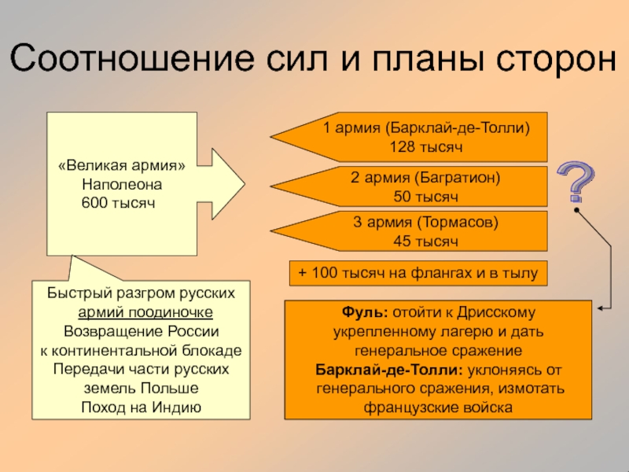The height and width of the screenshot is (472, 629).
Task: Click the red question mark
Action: coord(577,182)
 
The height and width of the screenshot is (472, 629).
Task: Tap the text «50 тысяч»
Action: coord(425,195)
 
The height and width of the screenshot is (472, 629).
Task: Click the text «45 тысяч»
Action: coord(425,241)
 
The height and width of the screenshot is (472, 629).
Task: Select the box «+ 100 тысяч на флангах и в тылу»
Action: coord(417,273)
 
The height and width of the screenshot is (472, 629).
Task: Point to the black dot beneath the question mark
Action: coord(577,211)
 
